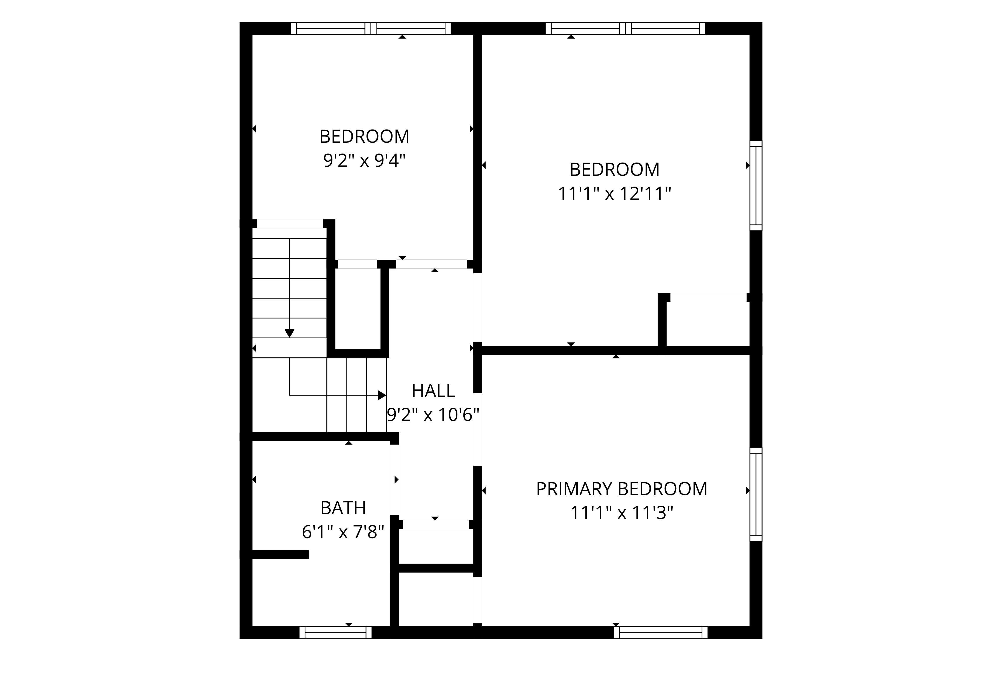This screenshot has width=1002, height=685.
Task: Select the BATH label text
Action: coord(343,508)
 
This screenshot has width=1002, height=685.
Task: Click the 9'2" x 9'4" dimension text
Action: coord(364,161)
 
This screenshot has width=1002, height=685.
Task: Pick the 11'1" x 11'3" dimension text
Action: coord(622,513)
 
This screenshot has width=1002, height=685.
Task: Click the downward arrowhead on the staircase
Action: coord(289,333)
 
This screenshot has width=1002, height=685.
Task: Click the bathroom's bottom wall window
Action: coord(335,632)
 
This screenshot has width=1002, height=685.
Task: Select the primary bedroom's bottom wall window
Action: coord(661,632)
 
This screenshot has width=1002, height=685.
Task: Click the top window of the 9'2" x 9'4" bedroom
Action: coord(371,29)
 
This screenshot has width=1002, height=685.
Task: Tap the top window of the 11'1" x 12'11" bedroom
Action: coord(625,29)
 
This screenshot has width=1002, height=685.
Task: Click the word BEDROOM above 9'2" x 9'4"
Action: coord(364,137)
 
